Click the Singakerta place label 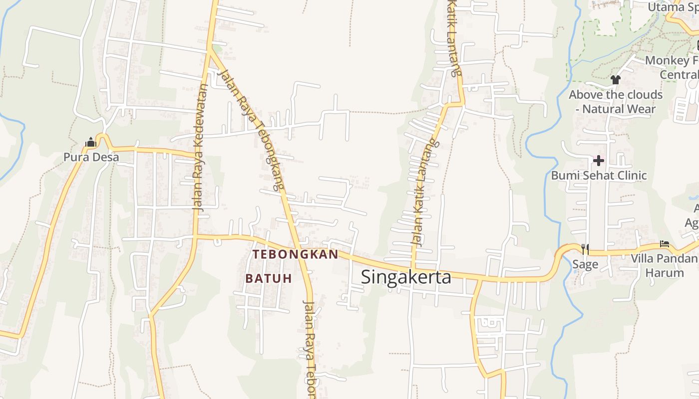point(405,277)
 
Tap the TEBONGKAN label point(295,254)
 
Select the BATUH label point(269,278)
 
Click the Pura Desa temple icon point(90,143)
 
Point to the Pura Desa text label point(91,158)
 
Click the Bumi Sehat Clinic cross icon point(598,161)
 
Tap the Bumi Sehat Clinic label point(599,176)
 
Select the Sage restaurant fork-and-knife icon point(585,248)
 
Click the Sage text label point(585,264)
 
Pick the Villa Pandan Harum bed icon point(665,244)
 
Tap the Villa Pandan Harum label point(665,265)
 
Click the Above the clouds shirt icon point(615,79)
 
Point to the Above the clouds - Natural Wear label point(616,102)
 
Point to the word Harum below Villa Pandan point(665,273)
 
